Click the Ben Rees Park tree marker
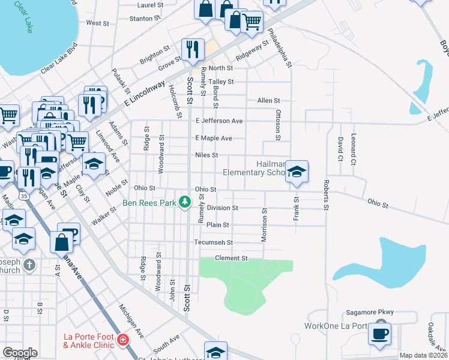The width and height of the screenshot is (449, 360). point(185,202)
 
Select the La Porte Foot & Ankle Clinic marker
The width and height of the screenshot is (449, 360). point(123,340)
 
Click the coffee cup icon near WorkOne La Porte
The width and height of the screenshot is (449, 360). point(379,333)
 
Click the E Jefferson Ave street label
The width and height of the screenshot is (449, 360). point(218,121)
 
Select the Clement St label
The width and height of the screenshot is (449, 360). point(232,258)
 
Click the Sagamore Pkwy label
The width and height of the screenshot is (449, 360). point(369,313)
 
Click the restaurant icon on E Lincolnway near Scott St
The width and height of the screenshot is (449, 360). point(192,49)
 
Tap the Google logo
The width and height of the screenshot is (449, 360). point(20,353)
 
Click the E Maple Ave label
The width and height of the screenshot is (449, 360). point(213,138)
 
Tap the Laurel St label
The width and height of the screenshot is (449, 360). point(150,5)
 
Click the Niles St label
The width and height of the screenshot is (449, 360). point(206,155)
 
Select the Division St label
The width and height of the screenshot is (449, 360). point(222,208)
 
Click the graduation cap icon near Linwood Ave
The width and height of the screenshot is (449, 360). point(94,165)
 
